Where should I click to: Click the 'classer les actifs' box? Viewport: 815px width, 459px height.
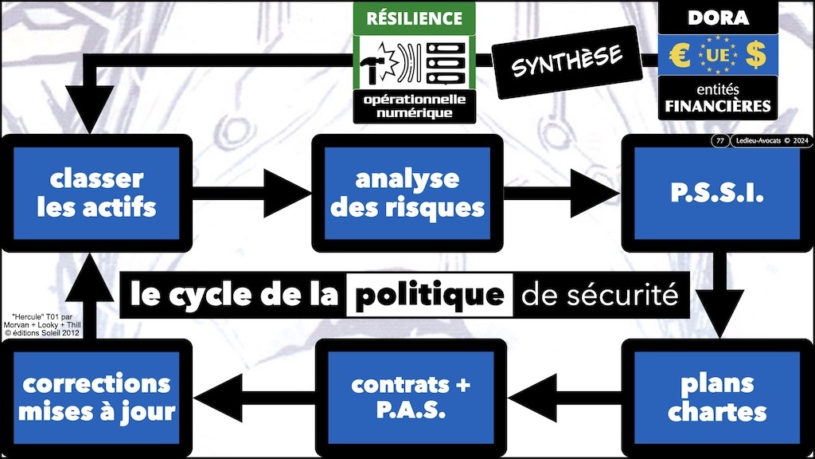coord(96,193)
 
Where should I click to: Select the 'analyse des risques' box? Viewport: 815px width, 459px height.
coord(407,193)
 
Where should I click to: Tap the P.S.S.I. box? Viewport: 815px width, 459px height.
coord(717,193)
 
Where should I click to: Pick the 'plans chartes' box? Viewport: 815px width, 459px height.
coord(717,398)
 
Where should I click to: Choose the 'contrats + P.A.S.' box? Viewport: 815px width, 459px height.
coord(411,398)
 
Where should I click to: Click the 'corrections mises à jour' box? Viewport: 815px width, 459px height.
coord(96,398)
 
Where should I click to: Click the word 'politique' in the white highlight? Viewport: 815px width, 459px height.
coord(430,296)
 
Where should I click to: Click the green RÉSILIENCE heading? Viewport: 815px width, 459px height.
coord(413,18)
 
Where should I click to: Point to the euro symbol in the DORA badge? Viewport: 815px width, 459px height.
coord(680,57)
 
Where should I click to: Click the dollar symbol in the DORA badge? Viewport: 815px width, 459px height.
coord(755,57)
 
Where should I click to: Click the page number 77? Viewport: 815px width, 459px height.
coord(719,142)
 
